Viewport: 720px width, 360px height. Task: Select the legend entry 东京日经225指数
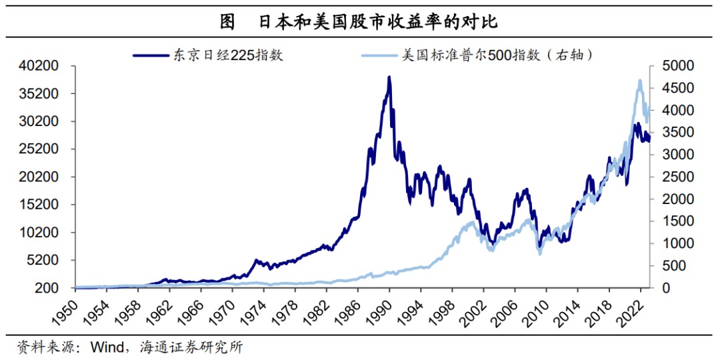[228, 55]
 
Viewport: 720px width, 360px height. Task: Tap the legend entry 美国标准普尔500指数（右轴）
[499, 55]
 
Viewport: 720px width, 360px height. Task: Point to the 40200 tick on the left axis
[41, 66]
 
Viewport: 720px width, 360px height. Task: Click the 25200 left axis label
[41, 149]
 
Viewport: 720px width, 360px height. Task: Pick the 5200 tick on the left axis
[45, 260]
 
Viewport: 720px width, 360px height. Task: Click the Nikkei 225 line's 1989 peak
[389, 77]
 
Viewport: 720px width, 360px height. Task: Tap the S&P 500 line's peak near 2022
[640, 81]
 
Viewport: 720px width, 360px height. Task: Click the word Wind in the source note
[107, 347]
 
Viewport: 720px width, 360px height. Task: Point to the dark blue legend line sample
[151, 55]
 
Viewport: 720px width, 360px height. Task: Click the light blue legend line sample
[379, 55]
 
